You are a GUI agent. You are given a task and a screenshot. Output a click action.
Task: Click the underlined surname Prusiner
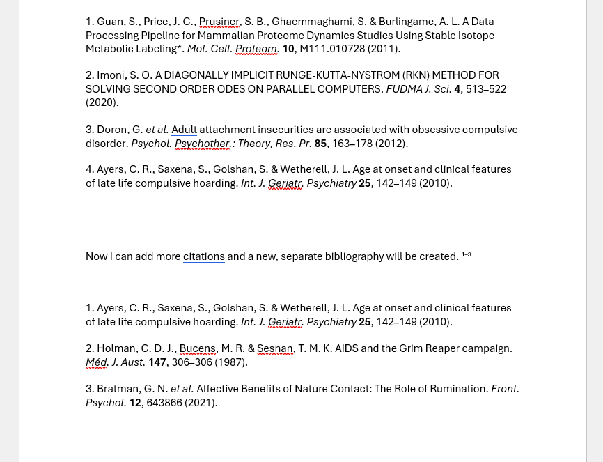click(x=219, y=22)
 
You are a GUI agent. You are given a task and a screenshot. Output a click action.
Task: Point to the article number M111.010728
click(x=331, y=49)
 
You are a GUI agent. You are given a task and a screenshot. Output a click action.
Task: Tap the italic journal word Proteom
click(x=256, y=49)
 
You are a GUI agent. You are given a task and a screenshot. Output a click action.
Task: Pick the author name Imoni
click(x=110, y=75)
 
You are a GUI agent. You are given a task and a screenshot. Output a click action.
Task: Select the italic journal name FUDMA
click(x=404, y=89)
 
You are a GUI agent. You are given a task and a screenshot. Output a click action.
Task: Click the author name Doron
click(x=112, y=130)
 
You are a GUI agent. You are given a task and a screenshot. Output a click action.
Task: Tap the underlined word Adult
click(x=184, y=130)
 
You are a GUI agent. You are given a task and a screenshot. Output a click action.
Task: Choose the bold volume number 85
click(x=320, y=144)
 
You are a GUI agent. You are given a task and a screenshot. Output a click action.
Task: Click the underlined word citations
click(x=203, y=256)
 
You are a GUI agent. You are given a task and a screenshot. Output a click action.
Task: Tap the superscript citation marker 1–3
click(x=466, y=255)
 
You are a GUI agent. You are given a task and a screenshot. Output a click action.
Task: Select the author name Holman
click(x=115, y=348)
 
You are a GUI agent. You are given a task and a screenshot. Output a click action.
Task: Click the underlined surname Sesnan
click(x=274, y=348)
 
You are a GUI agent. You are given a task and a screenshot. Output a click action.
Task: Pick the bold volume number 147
click(x=157, y=362)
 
